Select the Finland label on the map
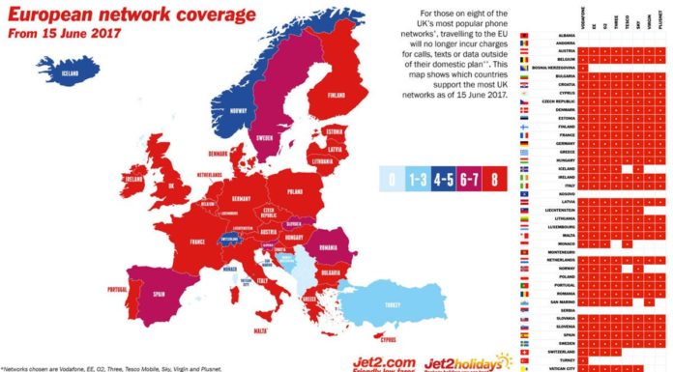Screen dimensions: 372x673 336,96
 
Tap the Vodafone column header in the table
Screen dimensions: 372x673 584,18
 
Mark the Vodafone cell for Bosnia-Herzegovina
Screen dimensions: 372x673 584,67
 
